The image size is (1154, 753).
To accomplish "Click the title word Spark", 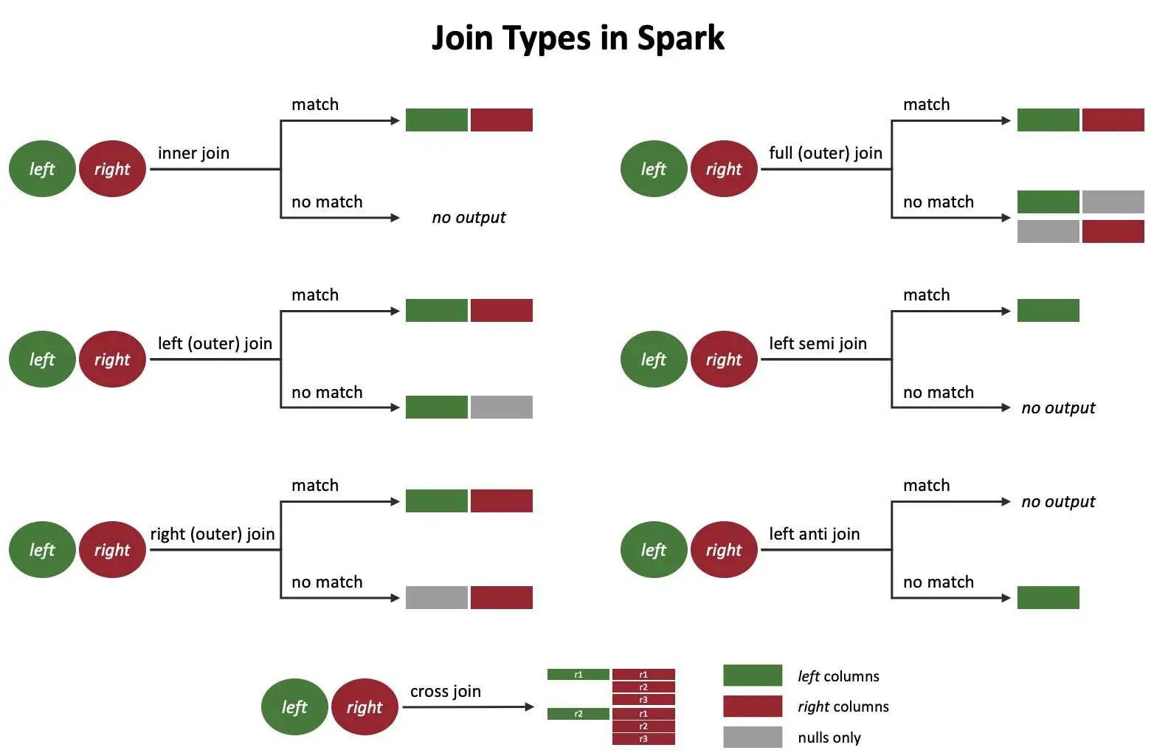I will (680, 38).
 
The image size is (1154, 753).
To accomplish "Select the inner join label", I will (193, 153).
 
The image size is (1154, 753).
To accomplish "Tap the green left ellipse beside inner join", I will (42, 169).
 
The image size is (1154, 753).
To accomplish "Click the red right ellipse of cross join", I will (364, 707).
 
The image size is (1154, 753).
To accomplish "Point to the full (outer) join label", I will (825, 153).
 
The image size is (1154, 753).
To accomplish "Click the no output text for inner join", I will (469, 218).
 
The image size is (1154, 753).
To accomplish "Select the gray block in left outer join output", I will (501, 407).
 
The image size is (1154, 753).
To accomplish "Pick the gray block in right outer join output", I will (436, 597).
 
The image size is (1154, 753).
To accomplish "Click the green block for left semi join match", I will (1048, 310).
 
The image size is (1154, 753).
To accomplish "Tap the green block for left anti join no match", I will (1048, 597).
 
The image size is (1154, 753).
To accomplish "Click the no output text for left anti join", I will (1058, 502).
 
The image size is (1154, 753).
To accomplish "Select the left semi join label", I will (818, 343).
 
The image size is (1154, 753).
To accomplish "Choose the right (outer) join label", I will (213, 534).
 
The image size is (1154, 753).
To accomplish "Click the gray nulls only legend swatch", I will (752, 737).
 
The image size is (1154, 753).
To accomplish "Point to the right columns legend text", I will (843, 706).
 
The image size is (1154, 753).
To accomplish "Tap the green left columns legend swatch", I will (752, 675).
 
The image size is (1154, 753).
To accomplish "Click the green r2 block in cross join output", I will (578, 714).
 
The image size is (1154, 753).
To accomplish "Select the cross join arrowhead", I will (529, 707).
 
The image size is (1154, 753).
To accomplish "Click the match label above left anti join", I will (926, 485).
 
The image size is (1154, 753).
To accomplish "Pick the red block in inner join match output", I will (501, 120).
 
